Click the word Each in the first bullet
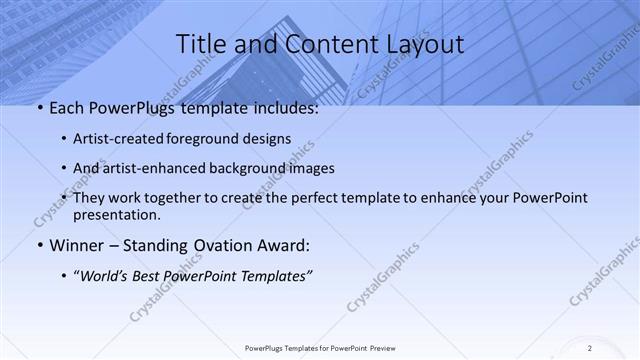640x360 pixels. point(68,109)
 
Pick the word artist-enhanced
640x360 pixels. point(151,168)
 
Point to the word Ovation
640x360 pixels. point(222,244)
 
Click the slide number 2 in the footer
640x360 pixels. point(590,347)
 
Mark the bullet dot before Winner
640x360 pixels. point(39,245)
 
